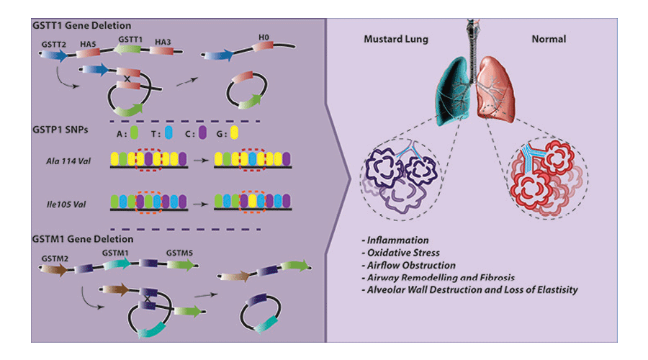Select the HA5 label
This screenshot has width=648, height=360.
tap(89, 44)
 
